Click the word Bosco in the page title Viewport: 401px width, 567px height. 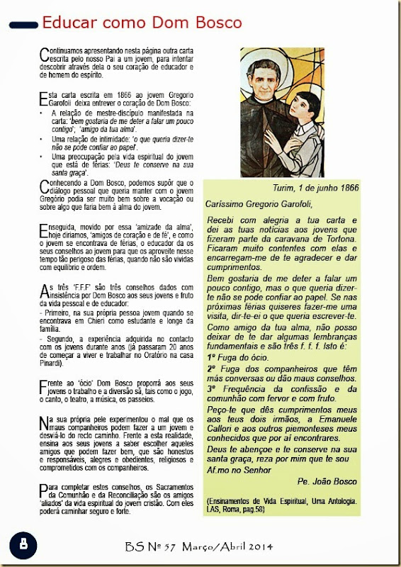[211, 22]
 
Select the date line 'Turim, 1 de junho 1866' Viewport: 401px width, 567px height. [315, 188]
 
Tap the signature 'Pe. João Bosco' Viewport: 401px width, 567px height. [351, 482]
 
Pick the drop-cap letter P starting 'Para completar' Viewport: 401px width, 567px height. [43, 488]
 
